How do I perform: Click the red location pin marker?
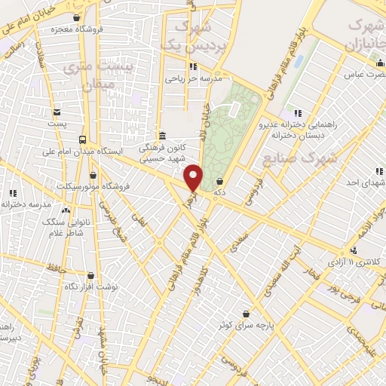(x=194, y=178)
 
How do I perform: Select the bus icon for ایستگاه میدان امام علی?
(x=81, y=139)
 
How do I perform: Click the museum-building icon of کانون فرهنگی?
(x=162, y=136)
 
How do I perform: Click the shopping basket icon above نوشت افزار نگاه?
(x=90, y=276)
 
